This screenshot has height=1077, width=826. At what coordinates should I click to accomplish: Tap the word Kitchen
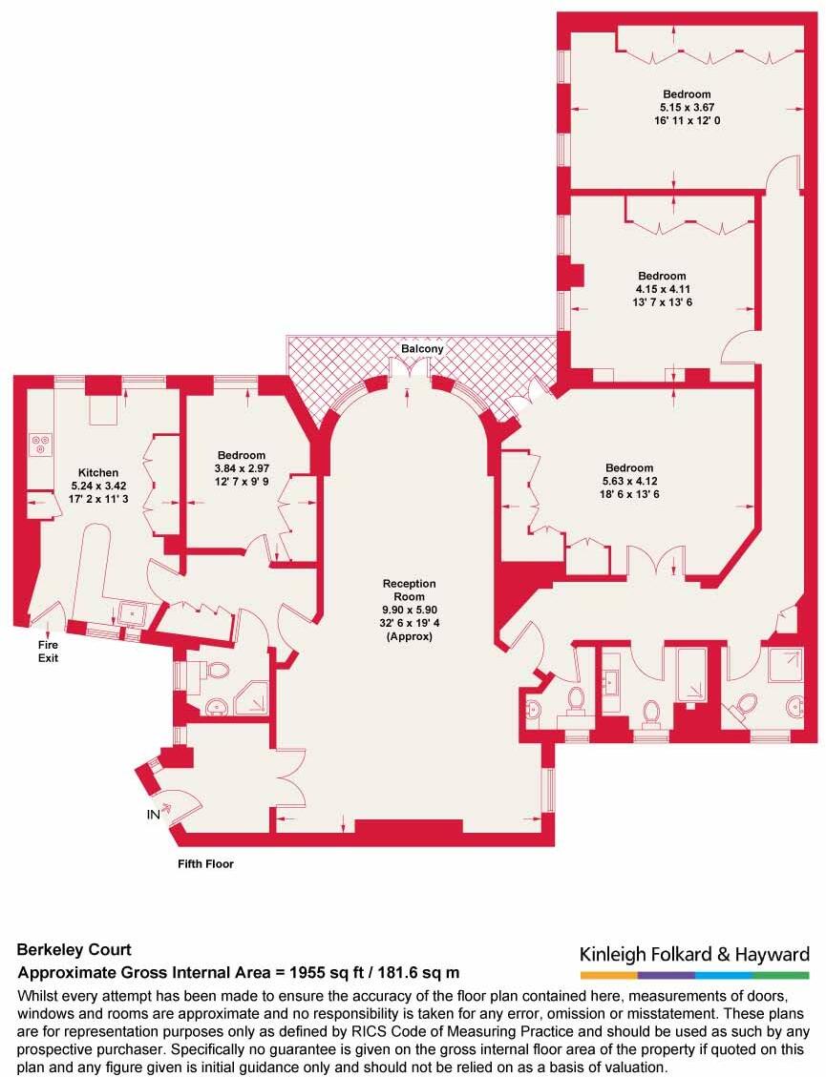point(98,472)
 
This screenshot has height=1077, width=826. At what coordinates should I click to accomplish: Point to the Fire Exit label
point(49,652)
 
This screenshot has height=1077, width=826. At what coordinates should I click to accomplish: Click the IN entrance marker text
point(153,816)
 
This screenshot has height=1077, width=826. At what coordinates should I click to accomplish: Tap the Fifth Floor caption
point(205,864)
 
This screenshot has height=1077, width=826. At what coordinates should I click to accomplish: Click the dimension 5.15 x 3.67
point(687,108)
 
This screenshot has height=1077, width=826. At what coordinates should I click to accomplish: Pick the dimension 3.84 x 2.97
point(241,468)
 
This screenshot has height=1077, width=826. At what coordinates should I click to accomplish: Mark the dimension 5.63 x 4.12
point(628,481)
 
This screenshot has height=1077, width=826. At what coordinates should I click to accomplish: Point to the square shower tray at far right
point(790,666)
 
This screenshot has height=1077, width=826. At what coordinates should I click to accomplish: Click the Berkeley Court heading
point(74,950)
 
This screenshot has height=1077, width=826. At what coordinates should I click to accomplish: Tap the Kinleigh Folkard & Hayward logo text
point(694,954)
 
